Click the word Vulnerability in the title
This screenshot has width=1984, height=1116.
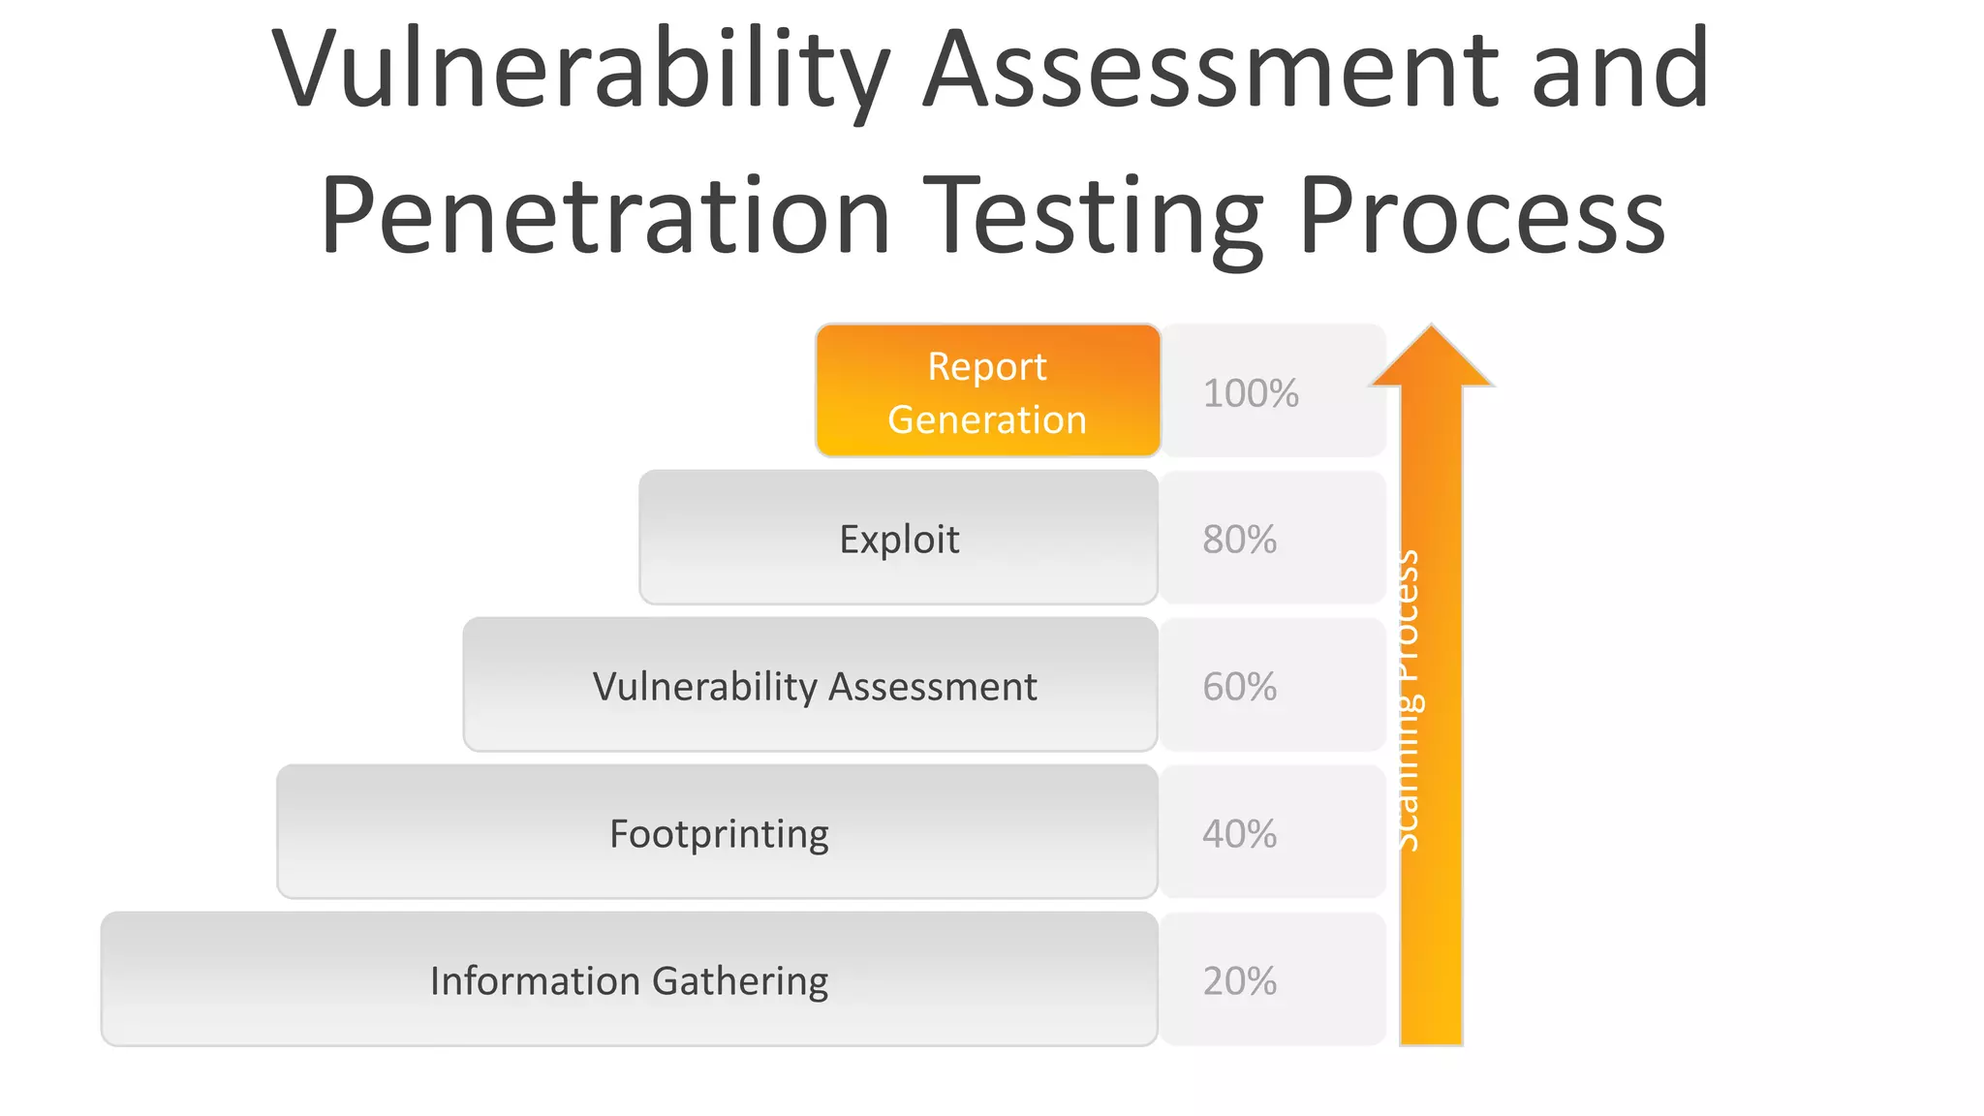tap(579, 70)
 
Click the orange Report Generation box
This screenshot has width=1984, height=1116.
tap(987, 390)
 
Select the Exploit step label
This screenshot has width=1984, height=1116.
tap(899, 540)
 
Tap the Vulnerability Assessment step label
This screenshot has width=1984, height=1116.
tap(814, 687)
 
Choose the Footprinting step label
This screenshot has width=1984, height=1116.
tap(719, 834)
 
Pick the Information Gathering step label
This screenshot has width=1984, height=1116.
tap(629, 981)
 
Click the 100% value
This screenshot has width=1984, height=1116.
tap(1250, 393)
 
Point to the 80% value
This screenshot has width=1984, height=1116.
tap(1239, 540)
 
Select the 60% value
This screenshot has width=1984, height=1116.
tap(1239, 687)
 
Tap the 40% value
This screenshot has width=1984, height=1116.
tap(1239, 834)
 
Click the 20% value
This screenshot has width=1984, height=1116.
tap(1239, 981)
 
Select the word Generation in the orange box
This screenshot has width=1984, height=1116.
tap(987, 419)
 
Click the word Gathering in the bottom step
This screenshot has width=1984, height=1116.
tap(740, 981)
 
